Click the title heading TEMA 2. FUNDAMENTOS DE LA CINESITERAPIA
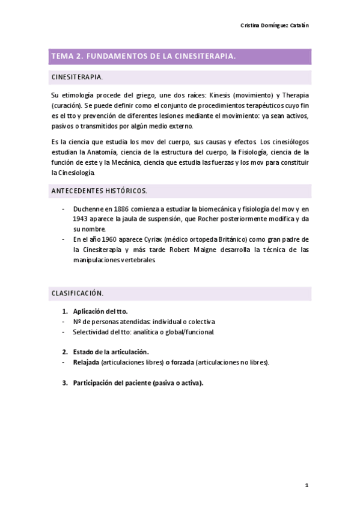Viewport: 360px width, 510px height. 143,56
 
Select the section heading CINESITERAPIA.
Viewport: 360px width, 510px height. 77,78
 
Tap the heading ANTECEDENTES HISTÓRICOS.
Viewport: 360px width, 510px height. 99,191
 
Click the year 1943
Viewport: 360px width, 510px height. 81,219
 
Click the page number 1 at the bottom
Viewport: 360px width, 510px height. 306,484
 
